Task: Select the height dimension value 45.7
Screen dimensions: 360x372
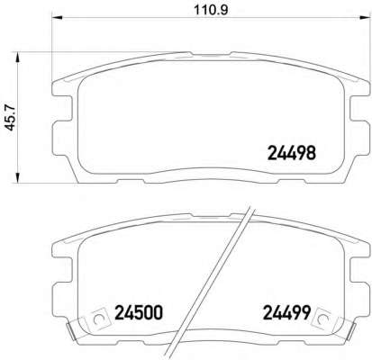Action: [x=13, y=116]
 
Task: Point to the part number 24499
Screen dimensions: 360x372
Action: [x=286, y=313]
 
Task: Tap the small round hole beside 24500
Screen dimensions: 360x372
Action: [x=98, y=316]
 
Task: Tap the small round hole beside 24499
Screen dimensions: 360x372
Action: [x=327, y=316]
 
